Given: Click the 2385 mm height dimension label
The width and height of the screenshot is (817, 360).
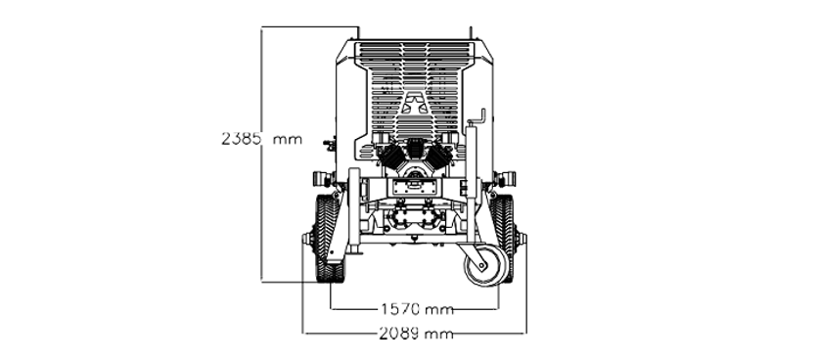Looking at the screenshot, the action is tap(261, 139).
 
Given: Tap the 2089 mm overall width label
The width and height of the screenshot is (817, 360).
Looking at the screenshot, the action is tap(416, 334).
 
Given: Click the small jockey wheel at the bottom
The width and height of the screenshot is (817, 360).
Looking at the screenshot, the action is tap(484, 265).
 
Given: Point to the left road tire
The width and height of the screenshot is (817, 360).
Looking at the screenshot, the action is tap(328, 239).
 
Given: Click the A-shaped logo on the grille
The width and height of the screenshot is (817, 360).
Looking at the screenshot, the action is tap(415, 103).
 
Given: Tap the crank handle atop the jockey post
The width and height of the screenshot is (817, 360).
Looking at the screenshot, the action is tap(478, 118).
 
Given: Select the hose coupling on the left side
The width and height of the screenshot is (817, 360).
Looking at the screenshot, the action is tap(323, 179).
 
